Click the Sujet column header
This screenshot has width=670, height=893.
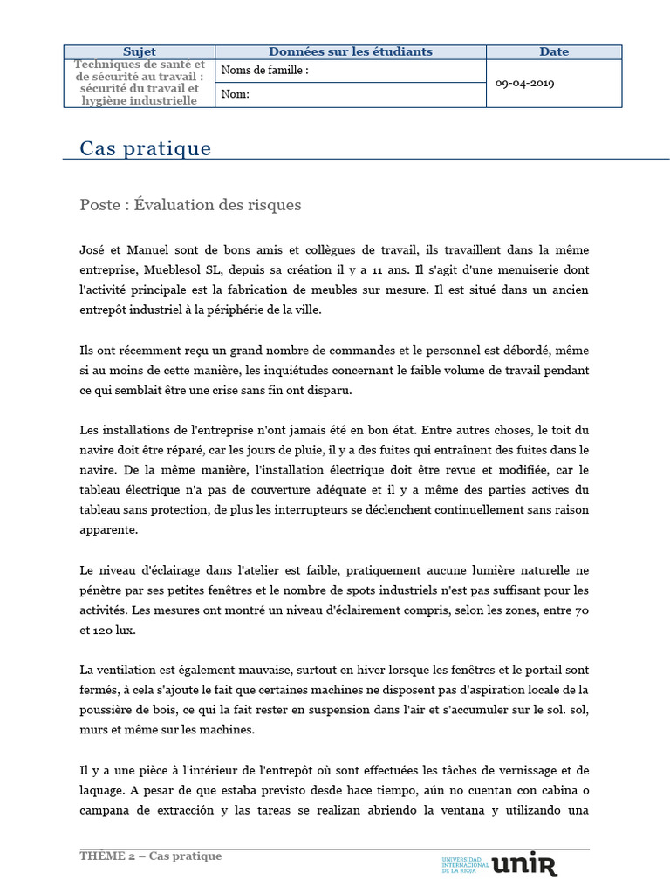140,52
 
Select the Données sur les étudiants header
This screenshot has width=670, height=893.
350,52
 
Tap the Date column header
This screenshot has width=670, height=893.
553,52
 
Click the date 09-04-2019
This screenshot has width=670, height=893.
524,84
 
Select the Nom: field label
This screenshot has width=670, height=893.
236,95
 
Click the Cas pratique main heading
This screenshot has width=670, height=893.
145,148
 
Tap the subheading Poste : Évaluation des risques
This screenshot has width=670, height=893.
190,205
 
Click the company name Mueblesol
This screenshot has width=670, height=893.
171,269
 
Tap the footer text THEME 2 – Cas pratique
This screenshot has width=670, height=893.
151,856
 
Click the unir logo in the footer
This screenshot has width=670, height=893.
524,864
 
